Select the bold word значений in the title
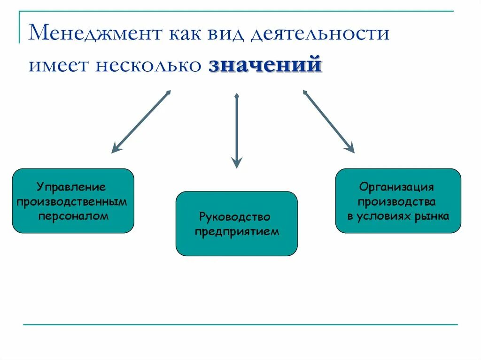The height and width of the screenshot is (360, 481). (265, 64)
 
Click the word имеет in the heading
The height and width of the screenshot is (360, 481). (59, 65)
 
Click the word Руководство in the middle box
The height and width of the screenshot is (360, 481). (235, 217)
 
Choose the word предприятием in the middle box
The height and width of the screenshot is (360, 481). (237, 231)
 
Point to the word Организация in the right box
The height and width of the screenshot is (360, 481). (396, 187)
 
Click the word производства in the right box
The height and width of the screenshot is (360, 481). (397, 202)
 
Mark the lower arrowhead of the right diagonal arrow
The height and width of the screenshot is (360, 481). (351, 150)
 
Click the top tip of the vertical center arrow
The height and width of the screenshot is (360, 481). (237, 95)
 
